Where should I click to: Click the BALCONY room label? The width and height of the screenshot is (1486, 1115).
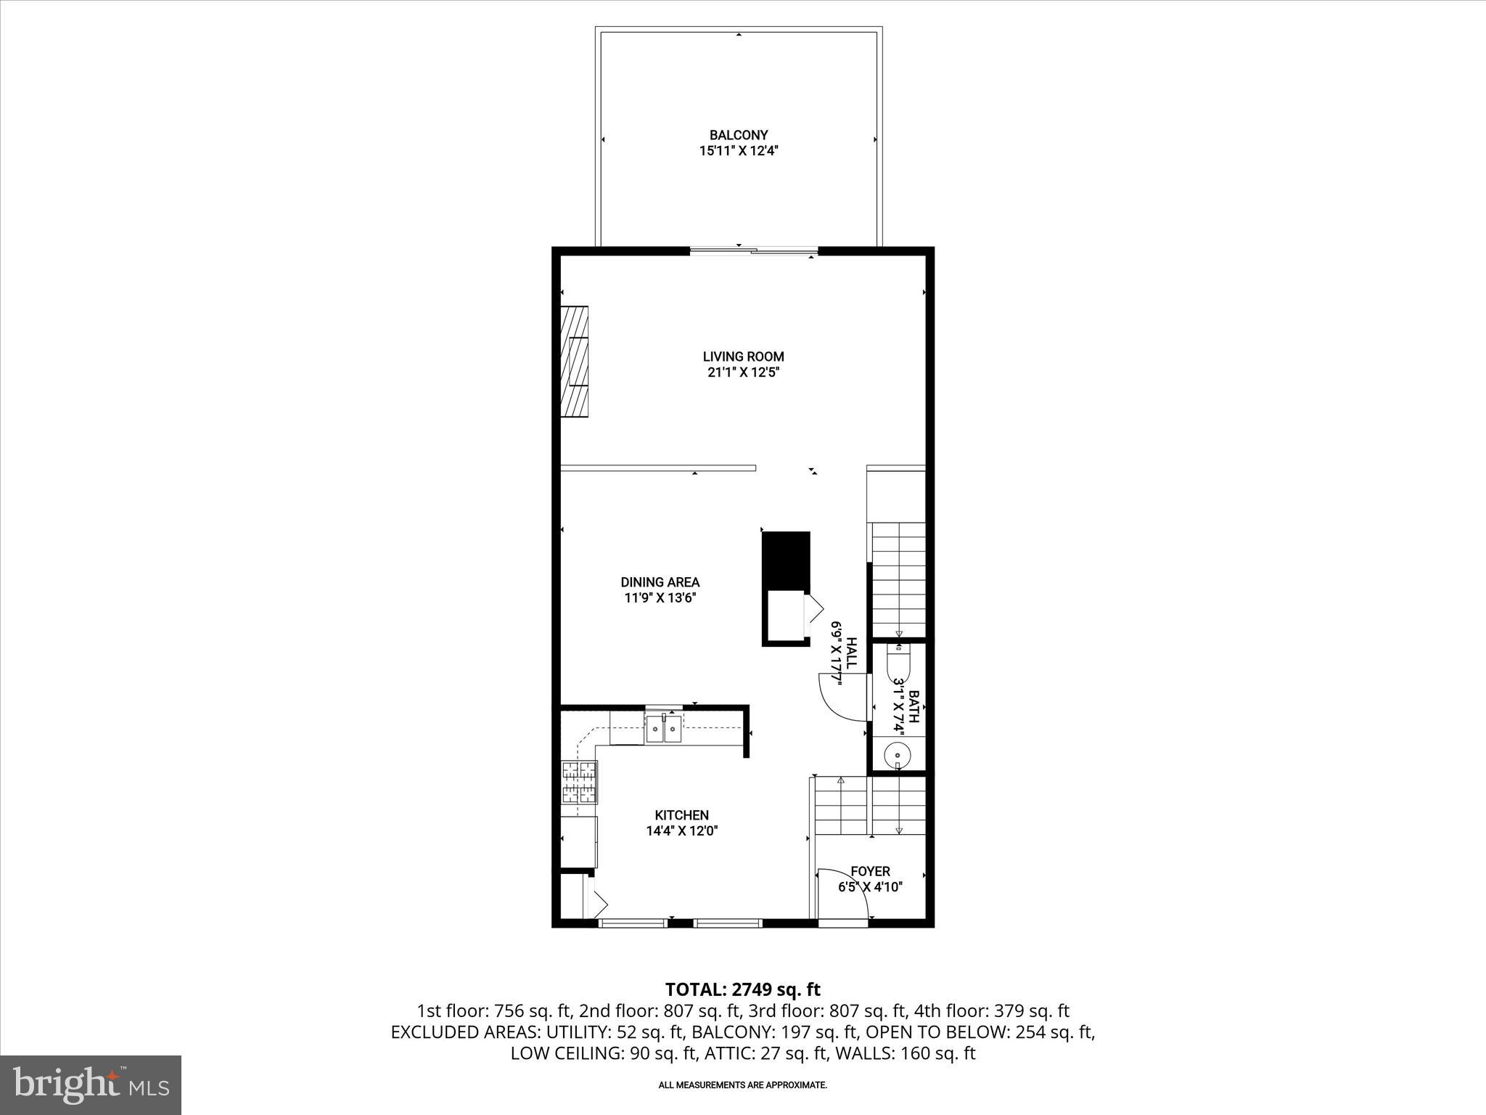(738, 135)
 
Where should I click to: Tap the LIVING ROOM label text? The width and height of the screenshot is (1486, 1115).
(743, 356)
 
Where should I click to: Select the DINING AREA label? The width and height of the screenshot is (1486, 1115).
(660, 582)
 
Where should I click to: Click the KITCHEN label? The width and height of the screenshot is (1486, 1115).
(681, 815)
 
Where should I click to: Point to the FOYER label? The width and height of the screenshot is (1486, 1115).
(870, 871)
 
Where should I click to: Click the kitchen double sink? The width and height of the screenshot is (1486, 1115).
(664, 729)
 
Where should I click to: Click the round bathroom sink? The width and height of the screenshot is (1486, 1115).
(898, 755)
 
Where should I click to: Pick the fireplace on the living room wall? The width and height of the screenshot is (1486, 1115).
(574, 362)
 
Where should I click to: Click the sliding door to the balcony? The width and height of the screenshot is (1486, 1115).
(754, 251)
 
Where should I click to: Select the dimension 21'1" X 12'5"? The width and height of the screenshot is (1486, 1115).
(743, 372)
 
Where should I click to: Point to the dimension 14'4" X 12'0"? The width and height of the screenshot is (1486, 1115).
(681, 831)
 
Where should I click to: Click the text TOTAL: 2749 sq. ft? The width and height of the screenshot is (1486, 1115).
(742, 989)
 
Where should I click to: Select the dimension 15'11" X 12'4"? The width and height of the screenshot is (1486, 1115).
(738, 151)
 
